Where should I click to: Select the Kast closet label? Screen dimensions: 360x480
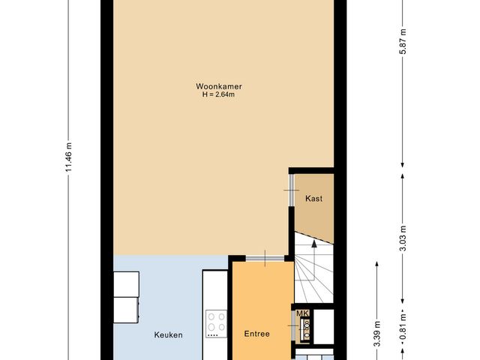coord(313,199)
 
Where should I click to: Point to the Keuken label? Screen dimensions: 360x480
coord(169,334)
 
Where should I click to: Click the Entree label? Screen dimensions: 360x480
coord(257,334)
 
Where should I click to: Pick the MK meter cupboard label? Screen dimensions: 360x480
coord(302,313)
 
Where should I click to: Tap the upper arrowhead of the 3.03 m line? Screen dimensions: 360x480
coord(403,175)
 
